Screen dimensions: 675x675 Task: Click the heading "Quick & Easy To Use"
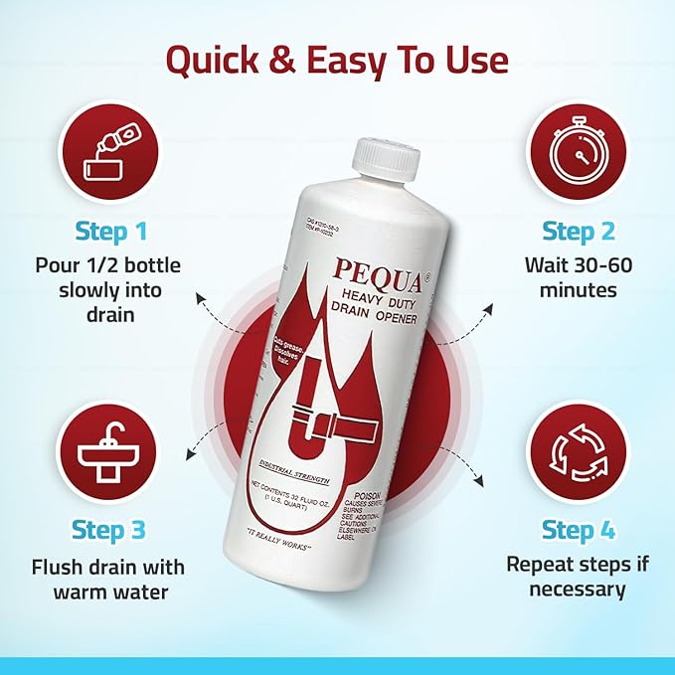click(x=337, y=61)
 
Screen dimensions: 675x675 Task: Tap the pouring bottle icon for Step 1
click(x=110, y=154)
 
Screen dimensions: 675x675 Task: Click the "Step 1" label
click(x=110, y=233)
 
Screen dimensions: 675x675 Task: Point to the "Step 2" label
click(x=580, y=232)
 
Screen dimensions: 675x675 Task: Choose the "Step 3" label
click(x=110, y=531)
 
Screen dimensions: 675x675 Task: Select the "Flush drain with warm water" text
click(x=110, y=580)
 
